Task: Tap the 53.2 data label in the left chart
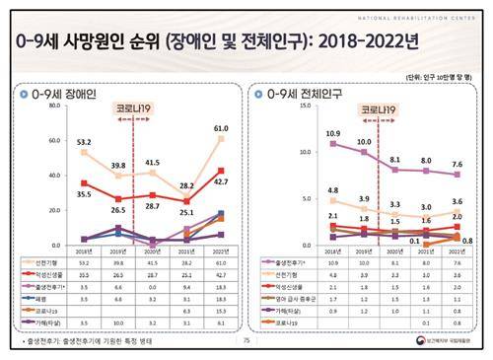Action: point(87,141)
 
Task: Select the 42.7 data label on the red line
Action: point(223,182)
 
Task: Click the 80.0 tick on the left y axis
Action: point(55,111)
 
